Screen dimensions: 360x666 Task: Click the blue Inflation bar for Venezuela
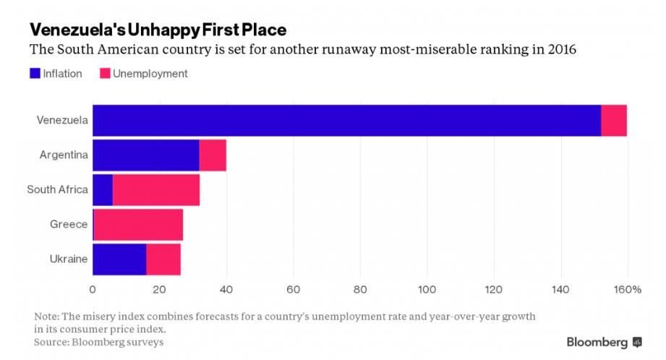pos(347,120)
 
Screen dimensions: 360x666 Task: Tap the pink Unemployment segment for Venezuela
pos(614,120)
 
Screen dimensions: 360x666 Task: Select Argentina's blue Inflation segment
pos(146,155)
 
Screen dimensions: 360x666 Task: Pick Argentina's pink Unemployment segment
pos(213,155)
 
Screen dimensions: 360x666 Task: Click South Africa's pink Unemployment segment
pos(156,189)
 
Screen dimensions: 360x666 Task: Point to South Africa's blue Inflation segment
pos(103,189)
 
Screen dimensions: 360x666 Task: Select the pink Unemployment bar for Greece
pos(138,224)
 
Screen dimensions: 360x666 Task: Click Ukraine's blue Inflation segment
pos(119,259)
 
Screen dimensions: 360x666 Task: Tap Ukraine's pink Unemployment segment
pos(163,259)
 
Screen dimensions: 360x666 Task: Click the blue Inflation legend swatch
pos(35,73)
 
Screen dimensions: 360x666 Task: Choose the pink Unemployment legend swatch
pos(105,73)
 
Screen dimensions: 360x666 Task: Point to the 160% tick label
pos(628,290)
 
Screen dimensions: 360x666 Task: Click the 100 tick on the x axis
pos(427,290)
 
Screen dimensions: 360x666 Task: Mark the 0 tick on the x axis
pos(93,290)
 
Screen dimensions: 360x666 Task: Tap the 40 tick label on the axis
pos(226,290)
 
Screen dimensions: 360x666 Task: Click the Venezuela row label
pos(62,120)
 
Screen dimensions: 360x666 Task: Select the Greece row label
pos(69,224)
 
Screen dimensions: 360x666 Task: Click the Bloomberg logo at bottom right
pos(604,341)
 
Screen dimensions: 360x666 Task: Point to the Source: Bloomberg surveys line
pos(98,341)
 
